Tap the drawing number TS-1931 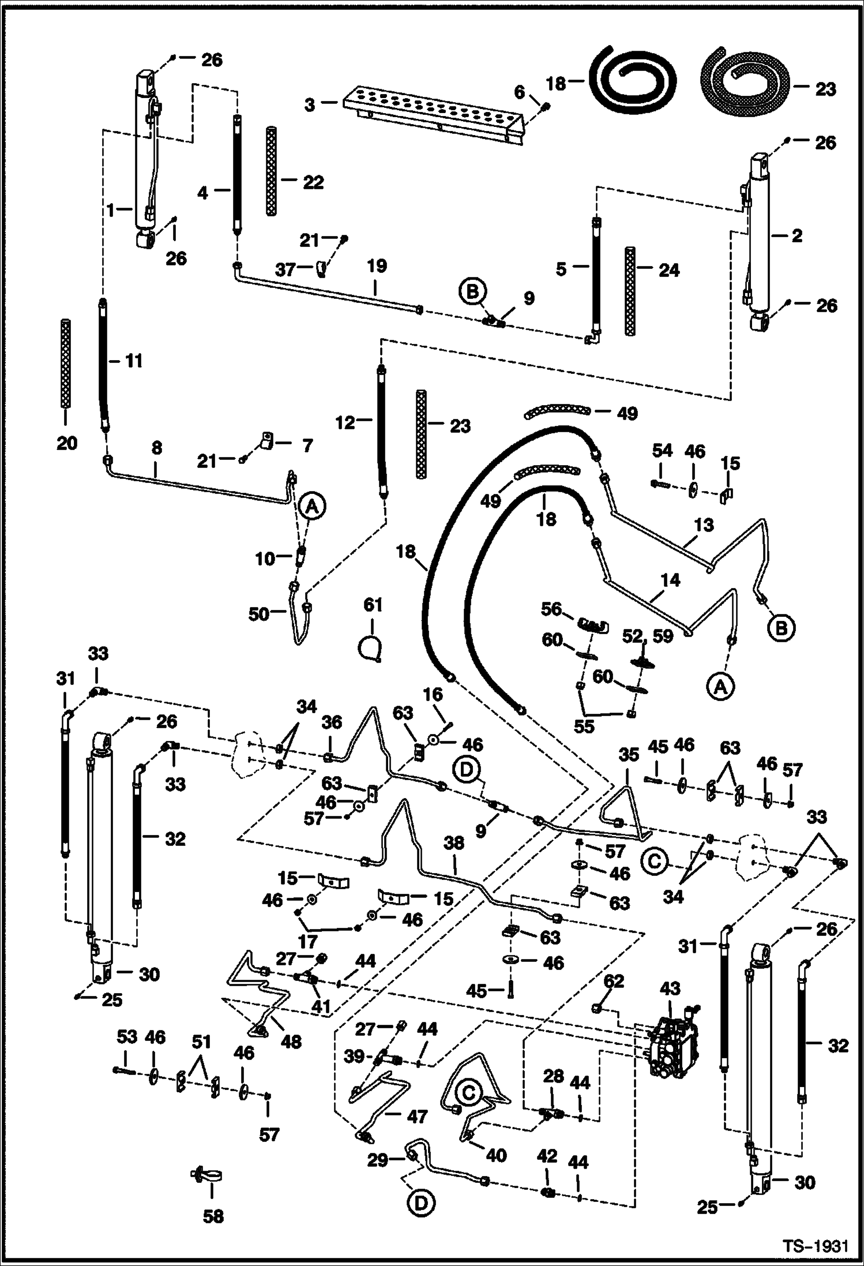pos(815,1247)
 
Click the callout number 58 pos(213,1216)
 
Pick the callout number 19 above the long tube pos(376,267)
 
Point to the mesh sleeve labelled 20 pos(66,364)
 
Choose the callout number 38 pos(454,843)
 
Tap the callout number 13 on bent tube pos(704,525)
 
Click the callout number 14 pos(671,580)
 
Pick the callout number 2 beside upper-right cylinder pos(797,235)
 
